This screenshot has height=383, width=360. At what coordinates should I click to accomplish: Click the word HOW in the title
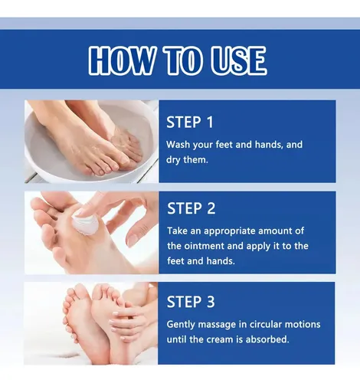(x=121, y=61)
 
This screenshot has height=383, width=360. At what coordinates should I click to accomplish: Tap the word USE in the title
(x=239, y=61)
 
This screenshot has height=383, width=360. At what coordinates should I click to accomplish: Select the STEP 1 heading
(x=190, y=122)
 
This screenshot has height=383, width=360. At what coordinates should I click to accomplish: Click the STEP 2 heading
(x=191, y=208)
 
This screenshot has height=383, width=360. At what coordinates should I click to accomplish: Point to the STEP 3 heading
(x=191, y=302)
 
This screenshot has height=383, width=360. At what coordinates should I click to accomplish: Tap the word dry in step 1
(x=173, y=160)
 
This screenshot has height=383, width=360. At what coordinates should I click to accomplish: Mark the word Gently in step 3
(x=181, y=325)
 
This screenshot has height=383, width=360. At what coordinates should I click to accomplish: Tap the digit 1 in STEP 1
(x=210, y=122)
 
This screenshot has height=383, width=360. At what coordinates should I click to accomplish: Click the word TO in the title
(x=183, y=61)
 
